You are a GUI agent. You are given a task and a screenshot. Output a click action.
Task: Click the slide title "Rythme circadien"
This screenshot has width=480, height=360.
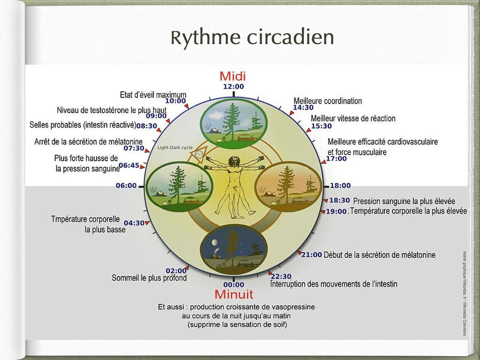(x=252, y=38)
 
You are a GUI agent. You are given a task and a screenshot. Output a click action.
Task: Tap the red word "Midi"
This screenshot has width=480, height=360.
(x=232, y=76)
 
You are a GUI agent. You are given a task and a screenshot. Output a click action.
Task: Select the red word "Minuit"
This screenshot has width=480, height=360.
(x=233, y=294)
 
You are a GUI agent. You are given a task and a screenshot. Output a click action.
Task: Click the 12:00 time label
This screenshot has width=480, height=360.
(x=233, y=86)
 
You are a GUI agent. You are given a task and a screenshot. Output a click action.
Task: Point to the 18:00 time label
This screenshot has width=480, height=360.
(x=340, y=186)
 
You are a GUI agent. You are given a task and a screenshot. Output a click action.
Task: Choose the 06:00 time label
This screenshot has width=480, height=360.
(x=126, y=186)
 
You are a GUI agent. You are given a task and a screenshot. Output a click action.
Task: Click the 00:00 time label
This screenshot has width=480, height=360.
(x=233, y=285)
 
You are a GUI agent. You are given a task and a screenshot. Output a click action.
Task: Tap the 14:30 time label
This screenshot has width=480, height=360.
(x=303, y=108)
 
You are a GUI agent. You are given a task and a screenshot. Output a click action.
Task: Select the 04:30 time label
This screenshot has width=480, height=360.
(x=134, y=223)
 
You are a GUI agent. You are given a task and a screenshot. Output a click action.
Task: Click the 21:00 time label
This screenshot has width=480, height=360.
(x=311, y=255)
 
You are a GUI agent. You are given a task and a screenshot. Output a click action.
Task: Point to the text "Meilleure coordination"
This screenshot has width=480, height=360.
(x=328, y=101)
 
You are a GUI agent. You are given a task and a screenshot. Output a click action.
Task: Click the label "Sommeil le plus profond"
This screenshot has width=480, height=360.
(x=149, y=278)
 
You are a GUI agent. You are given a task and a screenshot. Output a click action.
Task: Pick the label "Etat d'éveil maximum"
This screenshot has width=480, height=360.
(x=153, y=95)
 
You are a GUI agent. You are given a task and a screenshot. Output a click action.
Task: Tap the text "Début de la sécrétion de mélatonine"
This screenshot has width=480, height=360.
(x=380, y=255)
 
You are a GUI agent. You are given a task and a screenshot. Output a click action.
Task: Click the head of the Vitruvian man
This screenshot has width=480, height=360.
(x=233, y=161)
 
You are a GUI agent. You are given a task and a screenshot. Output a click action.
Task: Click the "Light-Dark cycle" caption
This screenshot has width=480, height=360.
(x=174, y=148)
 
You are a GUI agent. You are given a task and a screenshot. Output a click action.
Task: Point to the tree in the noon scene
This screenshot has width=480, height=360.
(x=231, y=117)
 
